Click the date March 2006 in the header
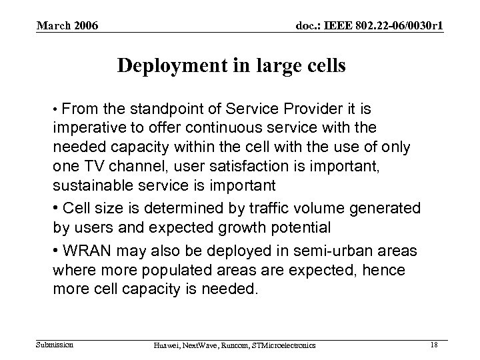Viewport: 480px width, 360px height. point(67,26)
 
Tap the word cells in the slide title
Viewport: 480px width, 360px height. point(323,67)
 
